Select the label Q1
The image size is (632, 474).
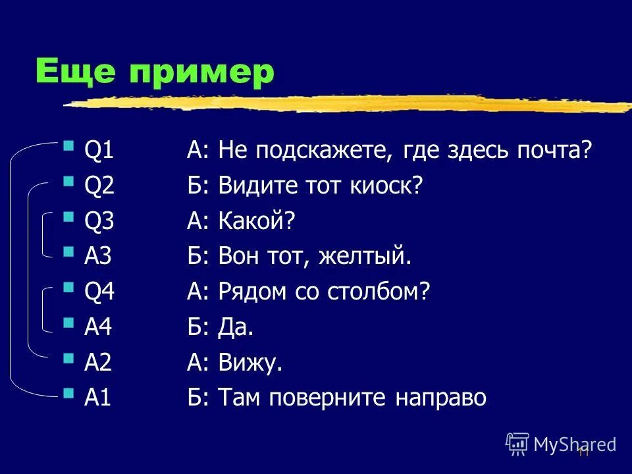[x=99, y=151]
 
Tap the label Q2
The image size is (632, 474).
[x=99, y=186]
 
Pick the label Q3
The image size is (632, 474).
[x=99, y=222]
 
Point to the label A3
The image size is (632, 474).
[x=99, y=257]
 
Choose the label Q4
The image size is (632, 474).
[x=99, y=292]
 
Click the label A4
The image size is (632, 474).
[x=99, y=327]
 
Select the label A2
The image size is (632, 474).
[x=99, y=363]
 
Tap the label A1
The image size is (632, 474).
[x=98, y=398]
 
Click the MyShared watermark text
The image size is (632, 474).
[x=574, y=444]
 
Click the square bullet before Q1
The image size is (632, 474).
[x=68, y=144]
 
